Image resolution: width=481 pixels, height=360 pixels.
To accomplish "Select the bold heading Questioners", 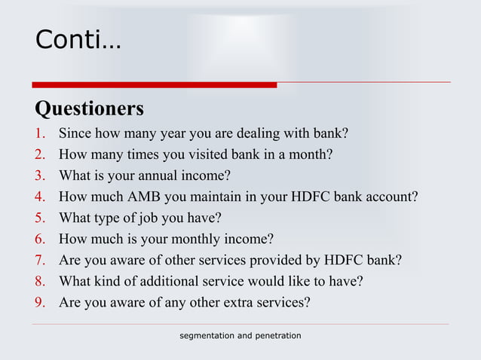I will point(89,109).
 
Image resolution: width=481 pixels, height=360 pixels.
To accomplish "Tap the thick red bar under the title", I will point(154,84).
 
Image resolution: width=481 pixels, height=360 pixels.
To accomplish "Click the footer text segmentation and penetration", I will point(240,334).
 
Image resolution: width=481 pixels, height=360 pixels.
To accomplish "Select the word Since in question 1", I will point(75,135).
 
